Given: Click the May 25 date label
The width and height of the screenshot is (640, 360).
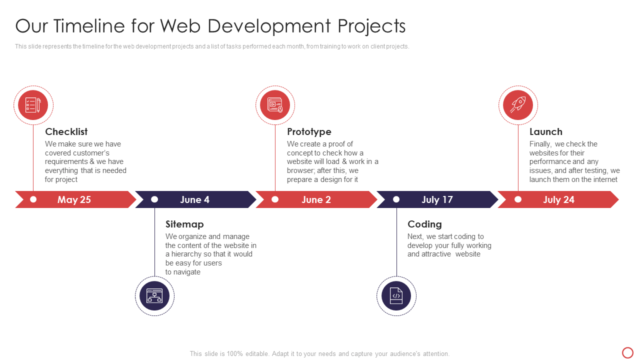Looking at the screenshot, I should pyautogui.click(x=74, y=199).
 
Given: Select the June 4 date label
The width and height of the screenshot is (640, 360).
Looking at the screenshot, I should pyautogui.click(x=194, y=199).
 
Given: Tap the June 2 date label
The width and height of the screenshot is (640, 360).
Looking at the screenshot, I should pyautogui.click(x=316, y=199).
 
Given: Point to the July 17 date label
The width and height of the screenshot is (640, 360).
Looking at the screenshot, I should pyautogui.click(x=437, y=199).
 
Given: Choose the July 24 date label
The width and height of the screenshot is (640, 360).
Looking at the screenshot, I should pyautogui.click(x=558, y=199).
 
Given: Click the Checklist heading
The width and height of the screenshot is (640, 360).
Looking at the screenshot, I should pyautogui.click(x=66, y=131).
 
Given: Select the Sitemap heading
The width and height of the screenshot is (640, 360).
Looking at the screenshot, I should pyautogui.click(x=184, y=224).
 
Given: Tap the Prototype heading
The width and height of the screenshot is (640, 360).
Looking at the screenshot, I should pyautogui.click(x=309, y=131).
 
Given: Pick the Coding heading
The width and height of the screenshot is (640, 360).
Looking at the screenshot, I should pyautogui.click(x=424, y=224).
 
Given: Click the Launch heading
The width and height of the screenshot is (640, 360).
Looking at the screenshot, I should pyautogui.click(x=545, y=131).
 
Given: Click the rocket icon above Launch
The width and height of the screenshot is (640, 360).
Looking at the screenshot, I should pyautogui.click(x=518, y=105).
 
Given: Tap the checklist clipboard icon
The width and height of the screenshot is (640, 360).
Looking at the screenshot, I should pyautogui.click(x=33, y=105).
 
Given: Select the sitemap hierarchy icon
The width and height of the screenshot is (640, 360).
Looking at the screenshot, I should pyautogui.click(x=154, y=296).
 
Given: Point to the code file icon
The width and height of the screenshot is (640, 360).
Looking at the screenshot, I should pyautogui.click(x=396, y=296).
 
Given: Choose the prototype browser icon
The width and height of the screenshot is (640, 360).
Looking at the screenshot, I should pyautogui.click(x=275, y=105).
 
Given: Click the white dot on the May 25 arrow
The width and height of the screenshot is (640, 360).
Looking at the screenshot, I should pyautogui.click(x=33, y=199).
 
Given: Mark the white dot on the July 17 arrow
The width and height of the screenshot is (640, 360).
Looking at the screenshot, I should pyautogui.click(x=396, y=199).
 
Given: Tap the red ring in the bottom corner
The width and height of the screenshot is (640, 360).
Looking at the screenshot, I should pyautogui.click(x=627, y=352).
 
